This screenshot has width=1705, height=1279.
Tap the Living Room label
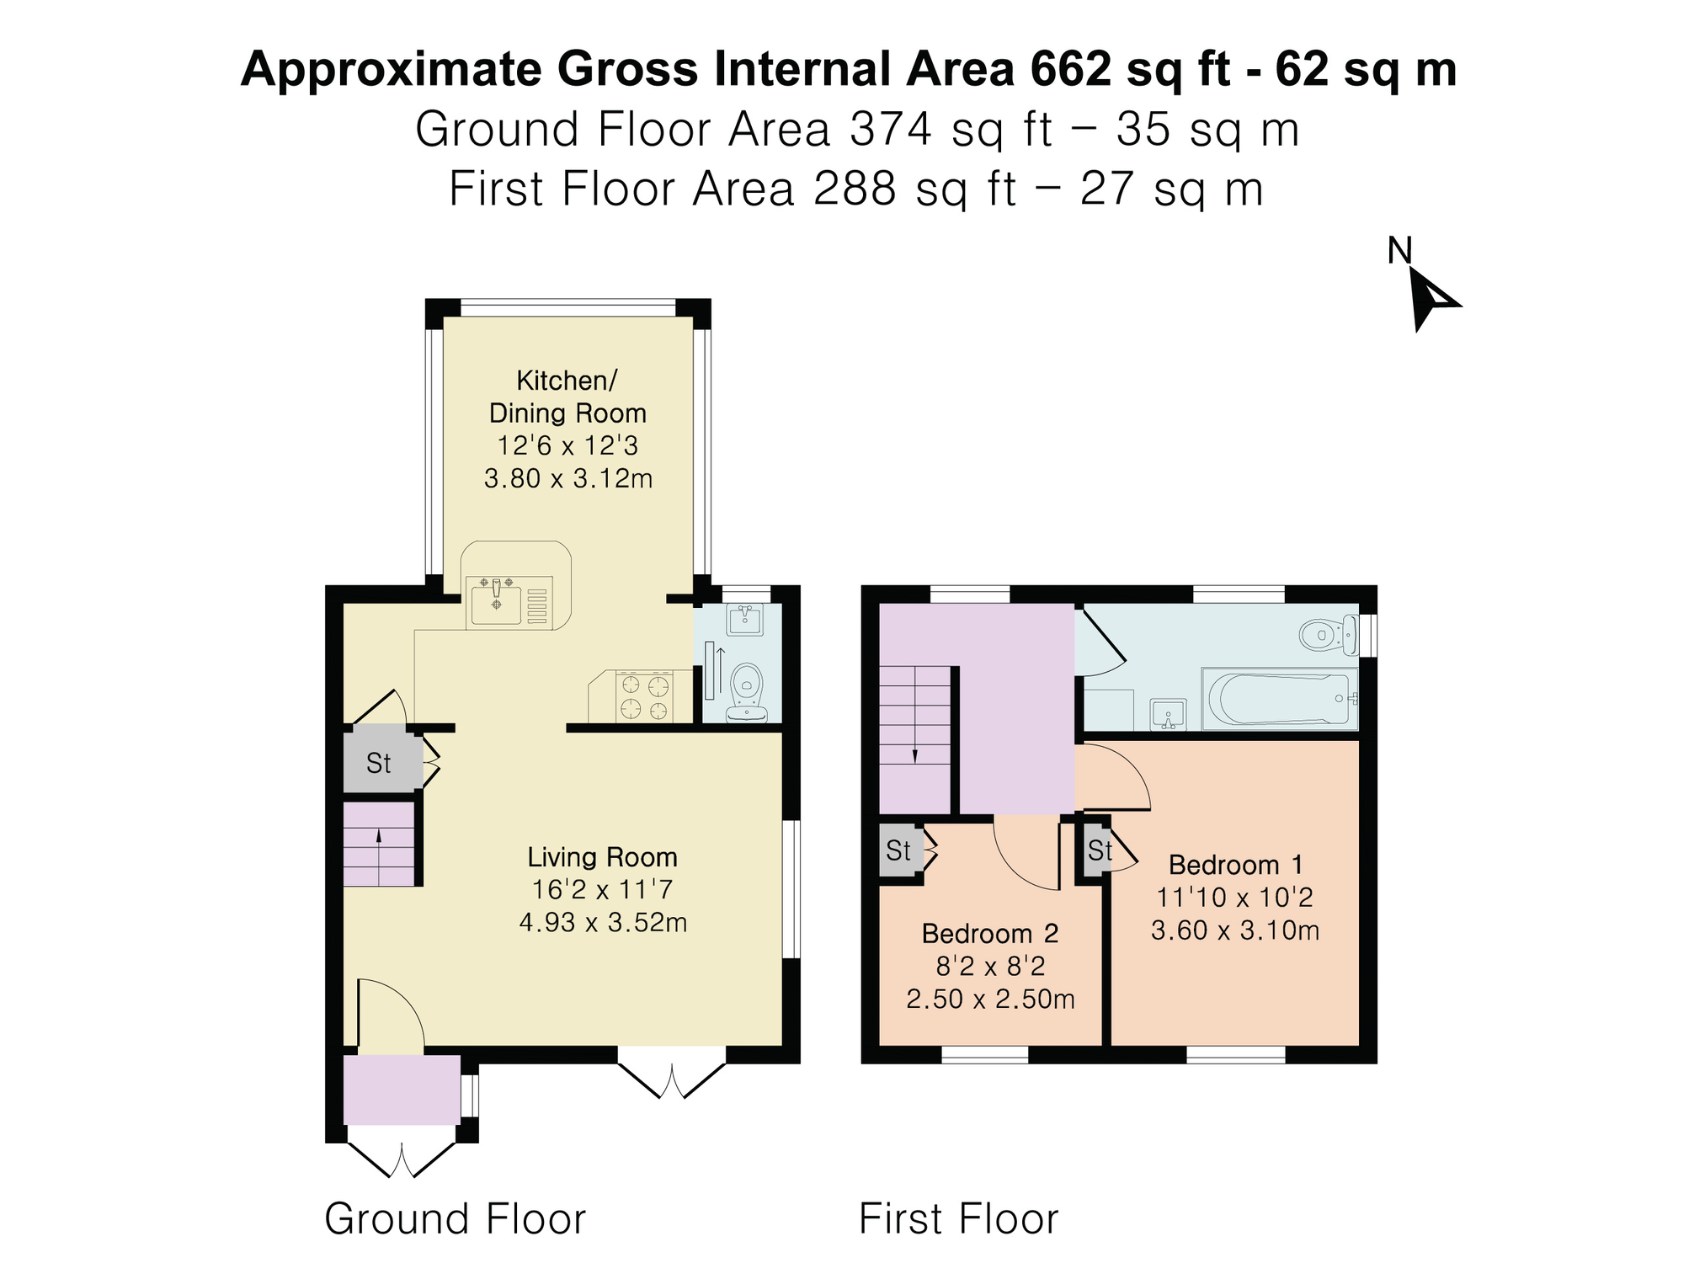[602, 857]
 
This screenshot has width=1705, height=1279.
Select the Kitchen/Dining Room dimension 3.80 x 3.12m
[568, 479]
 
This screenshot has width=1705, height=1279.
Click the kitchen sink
[497, 601]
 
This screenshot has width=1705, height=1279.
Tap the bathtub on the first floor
[1279, 699]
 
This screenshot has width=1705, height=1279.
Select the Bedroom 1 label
[1236, 865]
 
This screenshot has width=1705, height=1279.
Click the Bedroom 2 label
[990, 934]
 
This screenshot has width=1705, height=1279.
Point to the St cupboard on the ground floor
[381, 763]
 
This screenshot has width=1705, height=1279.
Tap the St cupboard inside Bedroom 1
[1097, 850]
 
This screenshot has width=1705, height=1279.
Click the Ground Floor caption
[456, 1219]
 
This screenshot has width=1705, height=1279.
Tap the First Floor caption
[959, 1219]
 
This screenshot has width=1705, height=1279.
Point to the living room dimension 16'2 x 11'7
[602, 890]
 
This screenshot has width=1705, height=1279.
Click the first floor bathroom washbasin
[1169, 715]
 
